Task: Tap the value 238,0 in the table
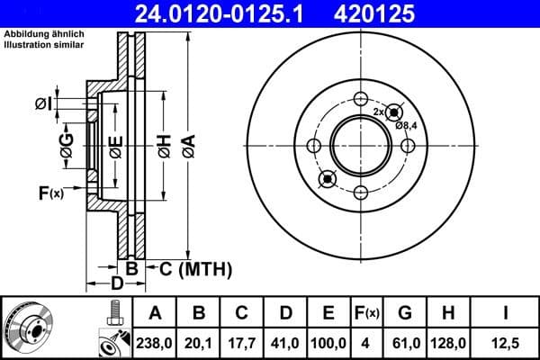coord(155,342)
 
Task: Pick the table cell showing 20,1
coord(199,342)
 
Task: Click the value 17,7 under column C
coord(242,342)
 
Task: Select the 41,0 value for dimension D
coord(285,342)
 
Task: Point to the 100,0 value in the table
coord(328,342)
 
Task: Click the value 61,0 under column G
coord(405,342)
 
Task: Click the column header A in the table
coord(155,313)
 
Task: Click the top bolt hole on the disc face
coord(361,100)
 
